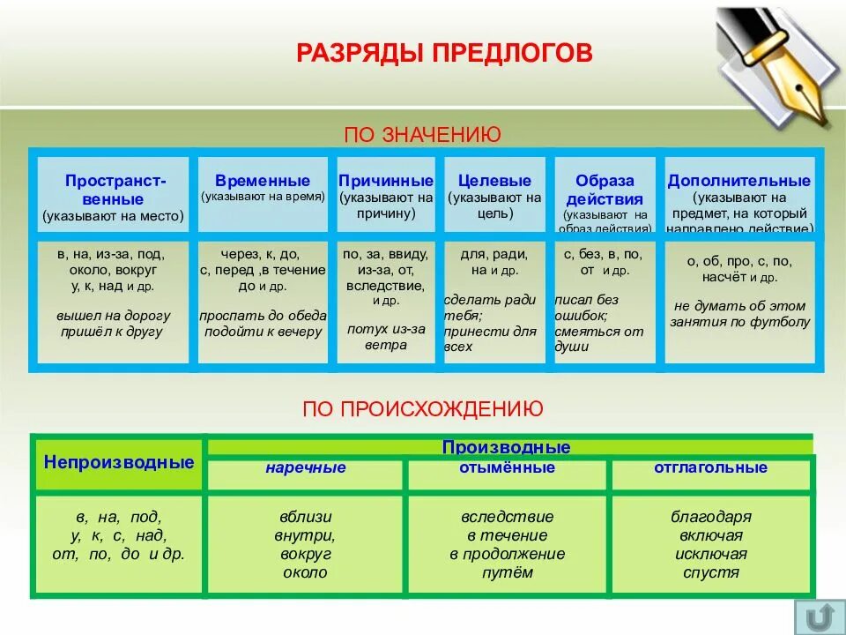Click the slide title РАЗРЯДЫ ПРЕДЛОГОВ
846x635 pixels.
pos(444,54)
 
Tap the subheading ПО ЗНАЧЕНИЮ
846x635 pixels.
pos(422,134)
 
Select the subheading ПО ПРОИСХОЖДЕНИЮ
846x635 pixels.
pos(422,408)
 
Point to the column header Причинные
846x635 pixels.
pos(386,181)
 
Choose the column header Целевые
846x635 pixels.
pos(494,181)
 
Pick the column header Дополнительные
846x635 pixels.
pos(738,181)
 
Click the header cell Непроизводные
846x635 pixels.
pos(119,462)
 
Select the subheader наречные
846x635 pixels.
pos(306,467)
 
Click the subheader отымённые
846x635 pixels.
pos(507,467)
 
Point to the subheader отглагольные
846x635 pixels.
pos(710,467)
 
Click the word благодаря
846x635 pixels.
pos(710,517)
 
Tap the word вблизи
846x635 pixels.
pos(306,517)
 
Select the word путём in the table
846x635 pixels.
pos(507,573)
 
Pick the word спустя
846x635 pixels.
pos(710,573)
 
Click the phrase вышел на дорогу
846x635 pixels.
pos(114,315)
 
